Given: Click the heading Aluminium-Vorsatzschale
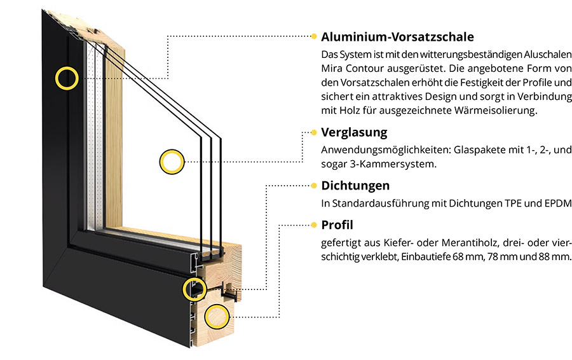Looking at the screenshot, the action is tap(397, 37).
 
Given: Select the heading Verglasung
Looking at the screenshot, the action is tap(354, 132).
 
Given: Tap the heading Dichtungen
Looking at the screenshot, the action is tap(355, 186).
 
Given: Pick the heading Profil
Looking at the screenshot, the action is tap(337, 225).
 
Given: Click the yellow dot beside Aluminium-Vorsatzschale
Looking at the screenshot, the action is tap(314, 36).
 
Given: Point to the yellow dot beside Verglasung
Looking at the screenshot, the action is tap(314, 132).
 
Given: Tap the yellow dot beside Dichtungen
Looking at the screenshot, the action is tap(314, 186).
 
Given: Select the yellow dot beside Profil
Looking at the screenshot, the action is tap(314, 225).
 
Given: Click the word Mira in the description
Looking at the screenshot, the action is tap(332, 69).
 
